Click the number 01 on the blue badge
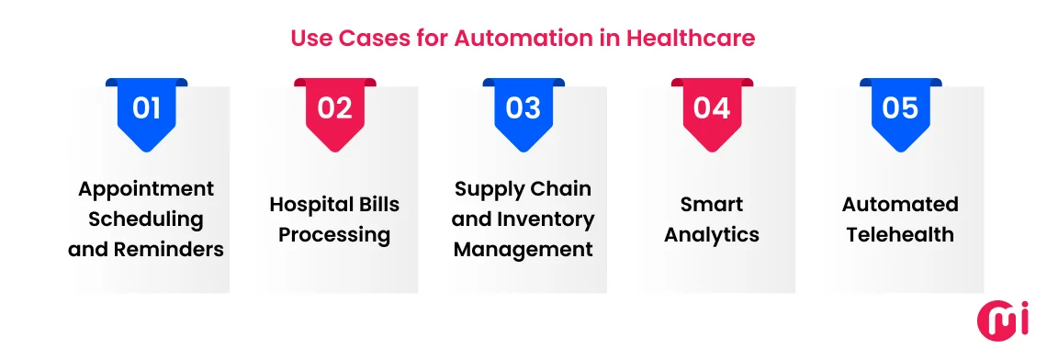coord(147,108)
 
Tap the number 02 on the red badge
coord(335,108)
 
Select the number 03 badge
coord(523,108)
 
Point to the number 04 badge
coord(712,108)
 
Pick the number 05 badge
coord(900,108)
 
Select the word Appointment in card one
coord(146,189)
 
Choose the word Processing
coord(334,234)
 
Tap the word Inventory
coord(547,219)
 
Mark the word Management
coord(523,249)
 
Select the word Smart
coord(712,204)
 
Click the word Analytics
coord(712,234)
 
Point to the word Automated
coord(900,204)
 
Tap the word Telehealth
coord(900,234)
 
